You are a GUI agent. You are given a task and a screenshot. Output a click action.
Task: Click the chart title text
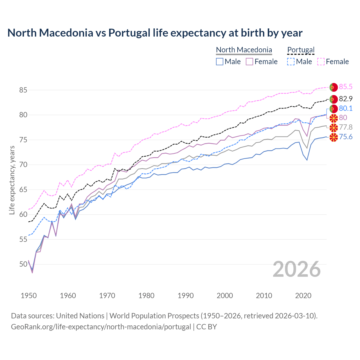[x=155, y=33]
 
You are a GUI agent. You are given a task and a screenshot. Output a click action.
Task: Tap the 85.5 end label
[x=346, y=87]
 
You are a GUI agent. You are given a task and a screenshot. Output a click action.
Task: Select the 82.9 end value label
[x=346, y=99]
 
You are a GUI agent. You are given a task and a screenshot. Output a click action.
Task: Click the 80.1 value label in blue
[x=346, y=108]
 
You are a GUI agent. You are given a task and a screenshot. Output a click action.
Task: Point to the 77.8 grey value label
[x=346, y=127]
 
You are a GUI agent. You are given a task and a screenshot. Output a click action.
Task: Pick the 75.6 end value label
[x=346, y=137]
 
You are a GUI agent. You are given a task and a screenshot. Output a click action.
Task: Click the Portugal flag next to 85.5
[x=334, y=87]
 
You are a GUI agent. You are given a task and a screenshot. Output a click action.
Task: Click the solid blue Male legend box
[x=220, y=62]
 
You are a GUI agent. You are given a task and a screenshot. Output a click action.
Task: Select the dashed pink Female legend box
[x=321, y=62]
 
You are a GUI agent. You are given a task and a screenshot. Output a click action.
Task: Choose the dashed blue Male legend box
[x=291, y=62]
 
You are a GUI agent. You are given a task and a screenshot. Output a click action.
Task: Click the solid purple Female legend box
[x=249, y=62]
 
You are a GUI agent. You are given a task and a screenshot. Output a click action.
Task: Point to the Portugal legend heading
[x=301, y=50]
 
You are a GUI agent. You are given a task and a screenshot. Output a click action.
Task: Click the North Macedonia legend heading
[x=244, y=50]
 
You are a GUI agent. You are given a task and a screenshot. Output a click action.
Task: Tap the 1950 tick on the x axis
[x=29, y=296]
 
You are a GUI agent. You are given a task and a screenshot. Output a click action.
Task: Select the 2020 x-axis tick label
[x=303, y=296]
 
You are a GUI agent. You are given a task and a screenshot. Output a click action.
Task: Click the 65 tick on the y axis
[x=23, y=190]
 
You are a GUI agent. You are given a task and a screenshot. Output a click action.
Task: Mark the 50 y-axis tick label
[x=23, y=264]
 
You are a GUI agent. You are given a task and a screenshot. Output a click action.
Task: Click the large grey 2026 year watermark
[x=297, y=269]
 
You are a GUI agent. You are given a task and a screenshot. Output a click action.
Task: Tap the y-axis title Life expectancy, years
[x=12, y=180]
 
